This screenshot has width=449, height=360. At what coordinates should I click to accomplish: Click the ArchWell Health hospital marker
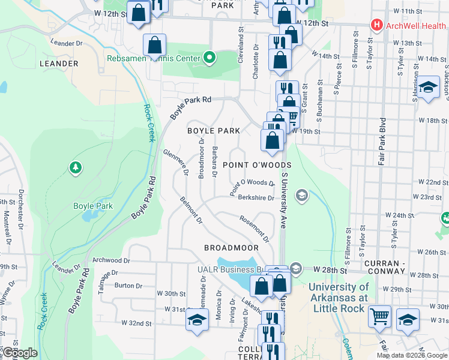click(376, 25)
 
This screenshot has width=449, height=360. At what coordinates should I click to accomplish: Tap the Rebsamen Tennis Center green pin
click(209, 58)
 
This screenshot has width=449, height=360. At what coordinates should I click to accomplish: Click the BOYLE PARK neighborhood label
click(214, 130)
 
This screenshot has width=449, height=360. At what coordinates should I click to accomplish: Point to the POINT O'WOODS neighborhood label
click(257, 165)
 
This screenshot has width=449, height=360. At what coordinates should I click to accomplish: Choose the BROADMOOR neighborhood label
click(231, 247)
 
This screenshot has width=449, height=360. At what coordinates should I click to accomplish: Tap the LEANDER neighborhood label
click(59, 63)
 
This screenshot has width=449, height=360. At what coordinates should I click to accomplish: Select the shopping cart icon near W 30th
click(379, 316)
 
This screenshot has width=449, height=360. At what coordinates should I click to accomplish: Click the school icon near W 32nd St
click(197, 320)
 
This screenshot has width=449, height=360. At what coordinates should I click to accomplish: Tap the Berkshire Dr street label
click(256, 197)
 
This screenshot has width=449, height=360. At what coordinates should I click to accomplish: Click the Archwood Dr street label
click(112, 260)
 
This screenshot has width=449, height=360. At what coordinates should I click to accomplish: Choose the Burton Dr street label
click(128, 286)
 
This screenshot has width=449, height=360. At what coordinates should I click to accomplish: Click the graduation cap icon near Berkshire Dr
click(301, 194)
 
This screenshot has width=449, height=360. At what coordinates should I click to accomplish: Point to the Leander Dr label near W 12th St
click(67, 43)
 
